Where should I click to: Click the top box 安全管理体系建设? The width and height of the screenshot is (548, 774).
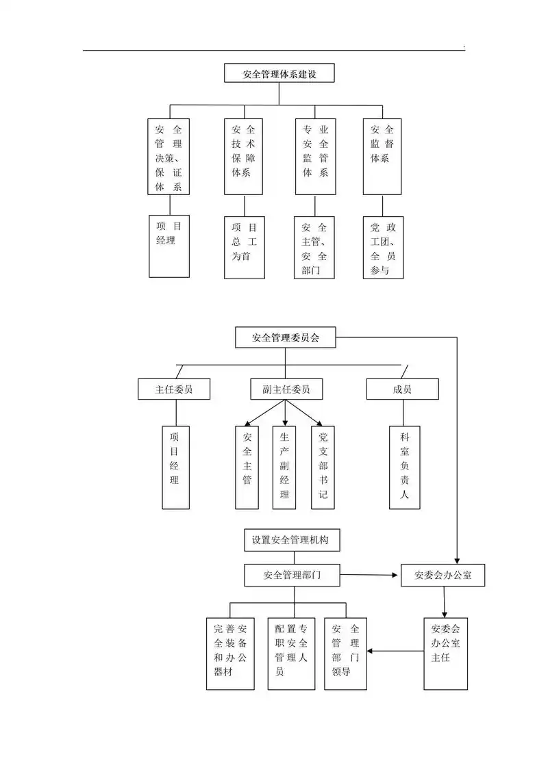pos(279,73)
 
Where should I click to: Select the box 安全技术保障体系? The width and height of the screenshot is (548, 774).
pos(244,156)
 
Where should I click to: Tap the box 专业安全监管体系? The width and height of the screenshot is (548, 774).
pos(315,156)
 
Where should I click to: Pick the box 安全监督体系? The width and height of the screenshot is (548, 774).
pos(382,156)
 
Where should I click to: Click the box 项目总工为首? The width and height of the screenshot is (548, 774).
pos(245,247)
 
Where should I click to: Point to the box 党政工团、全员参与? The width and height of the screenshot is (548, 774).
pos(383,247)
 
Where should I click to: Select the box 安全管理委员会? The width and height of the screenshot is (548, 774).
pos(286,337)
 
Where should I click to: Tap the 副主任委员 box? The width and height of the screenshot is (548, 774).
pos(286,389)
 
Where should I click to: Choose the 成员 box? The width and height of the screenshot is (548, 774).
pos(402,389)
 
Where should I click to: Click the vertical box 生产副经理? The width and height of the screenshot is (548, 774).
pos(284,467)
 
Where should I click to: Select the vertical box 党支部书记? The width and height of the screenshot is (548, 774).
pos(323,467)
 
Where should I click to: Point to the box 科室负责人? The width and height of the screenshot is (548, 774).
pos(404,467)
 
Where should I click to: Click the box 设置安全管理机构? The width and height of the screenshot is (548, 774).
pos(290,540)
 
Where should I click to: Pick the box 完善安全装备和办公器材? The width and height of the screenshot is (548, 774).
pos(231,653)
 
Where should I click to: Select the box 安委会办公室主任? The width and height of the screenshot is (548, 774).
pos(445,653)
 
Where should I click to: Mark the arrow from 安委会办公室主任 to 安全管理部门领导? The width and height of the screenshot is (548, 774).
pos(396,651)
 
